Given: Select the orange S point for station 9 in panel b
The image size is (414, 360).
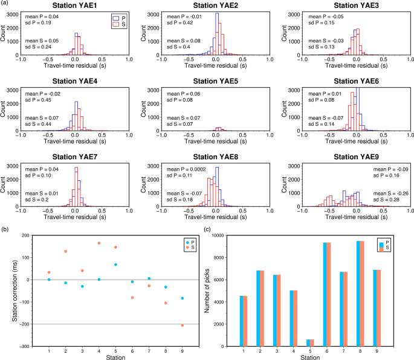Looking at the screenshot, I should [x=182, y=326].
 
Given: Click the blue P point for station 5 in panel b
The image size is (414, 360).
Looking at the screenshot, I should [x=115, y=264].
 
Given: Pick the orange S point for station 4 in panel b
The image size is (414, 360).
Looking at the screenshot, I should [x=99, y=243].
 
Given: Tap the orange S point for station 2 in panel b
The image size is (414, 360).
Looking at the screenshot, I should [x=66, y=251].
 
